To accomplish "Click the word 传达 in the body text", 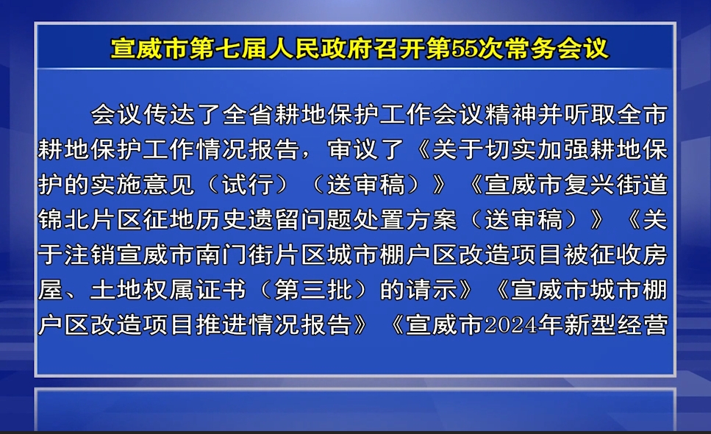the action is pos(170,114).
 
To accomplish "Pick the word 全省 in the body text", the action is pos(249,114).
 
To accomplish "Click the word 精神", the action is pos(511,114).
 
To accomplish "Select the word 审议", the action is pos(354,149).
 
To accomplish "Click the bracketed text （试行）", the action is pos(249,185).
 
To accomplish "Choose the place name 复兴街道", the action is pos(616,185).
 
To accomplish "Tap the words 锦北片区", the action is pos(90,219).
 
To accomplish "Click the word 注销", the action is pos(90,255).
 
